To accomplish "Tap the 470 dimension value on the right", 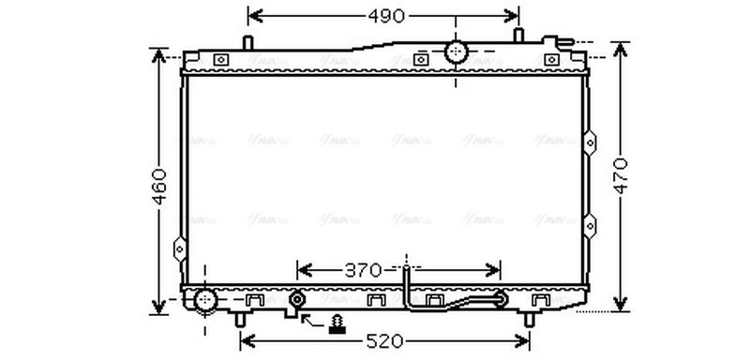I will [x=621, y=175].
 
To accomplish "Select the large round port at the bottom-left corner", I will [x=205, y=301].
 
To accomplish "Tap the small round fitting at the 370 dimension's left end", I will [x=297, y=300].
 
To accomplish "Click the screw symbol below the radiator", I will [x=335, y=325].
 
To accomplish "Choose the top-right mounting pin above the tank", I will [x=518, y=37].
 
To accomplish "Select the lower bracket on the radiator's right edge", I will [x=590, y=225].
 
